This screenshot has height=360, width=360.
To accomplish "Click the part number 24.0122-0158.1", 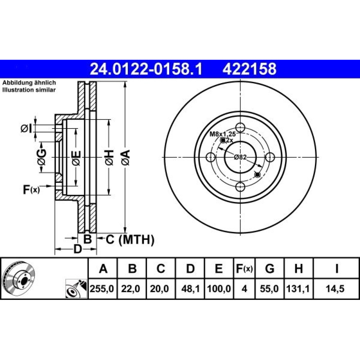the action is [x=146, y=69].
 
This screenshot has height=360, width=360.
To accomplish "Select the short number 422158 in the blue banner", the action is [x=249, y=69].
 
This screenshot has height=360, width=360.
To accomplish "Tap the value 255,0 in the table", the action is [x=102, y=289].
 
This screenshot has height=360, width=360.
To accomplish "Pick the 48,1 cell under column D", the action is [x=189, y=289].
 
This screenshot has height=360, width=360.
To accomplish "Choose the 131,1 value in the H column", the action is [x=298, y=289].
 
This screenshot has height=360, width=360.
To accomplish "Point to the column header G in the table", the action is [x=270, y=268].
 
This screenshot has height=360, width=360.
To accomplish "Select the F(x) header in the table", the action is [x=244, y=268].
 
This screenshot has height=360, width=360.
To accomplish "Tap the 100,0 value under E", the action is [x=219, y=289].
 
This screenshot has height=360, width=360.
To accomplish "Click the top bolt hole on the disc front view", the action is [x=240, y=127].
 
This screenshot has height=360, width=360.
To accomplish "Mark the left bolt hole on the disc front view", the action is [x=211, y=157].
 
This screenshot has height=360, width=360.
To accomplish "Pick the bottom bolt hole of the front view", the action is [x=240, y=187].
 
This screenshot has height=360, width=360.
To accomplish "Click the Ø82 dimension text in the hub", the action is [x=240, y=157].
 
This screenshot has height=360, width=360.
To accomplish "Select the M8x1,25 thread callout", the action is [x=222, y=134].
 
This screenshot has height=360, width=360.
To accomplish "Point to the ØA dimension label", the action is [x=126, y=158].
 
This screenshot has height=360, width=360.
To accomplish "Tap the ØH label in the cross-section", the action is [x=109, y=158].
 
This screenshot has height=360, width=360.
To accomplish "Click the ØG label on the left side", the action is [x=41, y=157].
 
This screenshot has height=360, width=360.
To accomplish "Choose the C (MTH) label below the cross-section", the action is [x=130, y=240].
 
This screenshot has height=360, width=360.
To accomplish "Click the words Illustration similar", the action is [x=29, y=90].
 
